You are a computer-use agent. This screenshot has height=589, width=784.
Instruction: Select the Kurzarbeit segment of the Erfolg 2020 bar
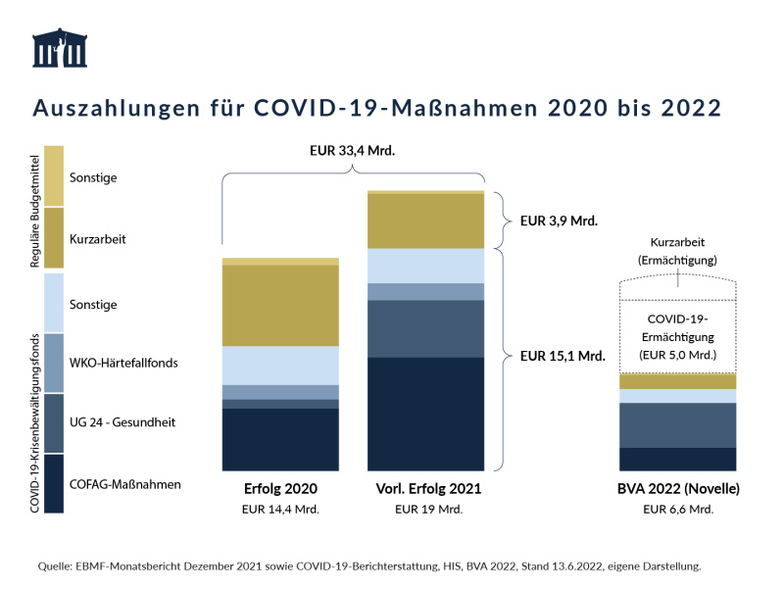point(280,306)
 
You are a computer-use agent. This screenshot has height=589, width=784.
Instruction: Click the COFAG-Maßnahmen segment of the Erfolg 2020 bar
point(280,439)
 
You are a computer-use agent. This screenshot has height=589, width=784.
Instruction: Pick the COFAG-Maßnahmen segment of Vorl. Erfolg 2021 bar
point(426,414)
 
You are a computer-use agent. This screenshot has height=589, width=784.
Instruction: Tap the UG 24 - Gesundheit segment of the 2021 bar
point(426,328)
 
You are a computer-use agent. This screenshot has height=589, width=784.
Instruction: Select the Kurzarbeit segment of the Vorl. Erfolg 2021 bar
point(426,221)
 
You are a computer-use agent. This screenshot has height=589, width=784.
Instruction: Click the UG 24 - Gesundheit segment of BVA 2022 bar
point(677,424)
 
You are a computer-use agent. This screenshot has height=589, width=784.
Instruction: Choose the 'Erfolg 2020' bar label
point(280,488)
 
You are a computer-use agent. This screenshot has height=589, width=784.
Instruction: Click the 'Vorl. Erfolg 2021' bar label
point(428,488)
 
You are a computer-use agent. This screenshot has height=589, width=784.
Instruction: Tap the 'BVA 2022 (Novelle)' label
point(677,488)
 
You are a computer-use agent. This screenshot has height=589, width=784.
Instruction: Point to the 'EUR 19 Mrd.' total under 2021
point(428,510)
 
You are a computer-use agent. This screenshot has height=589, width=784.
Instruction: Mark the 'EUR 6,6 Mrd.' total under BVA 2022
point(677,510)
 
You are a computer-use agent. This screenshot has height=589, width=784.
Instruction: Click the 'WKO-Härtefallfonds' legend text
point(123,364)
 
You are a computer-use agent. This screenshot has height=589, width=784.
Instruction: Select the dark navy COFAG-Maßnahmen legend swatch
point(54,483)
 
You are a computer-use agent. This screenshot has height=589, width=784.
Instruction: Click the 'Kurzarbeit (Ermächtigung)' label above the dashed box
point(677,251)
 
